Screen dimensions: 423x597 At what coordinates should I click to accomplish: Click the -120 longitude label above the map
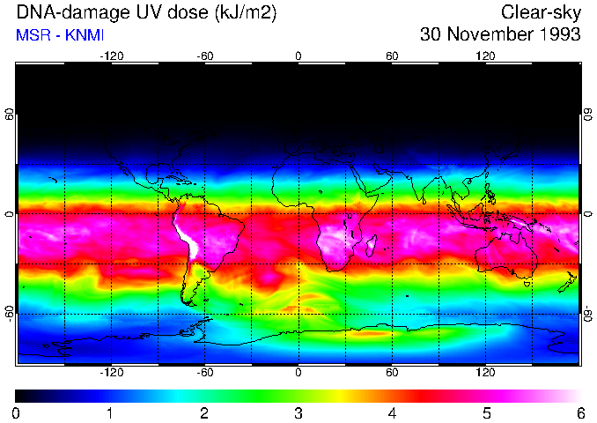(111, 56)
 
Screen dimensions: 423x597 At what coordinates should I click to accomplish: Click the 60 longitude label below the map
(392, 373)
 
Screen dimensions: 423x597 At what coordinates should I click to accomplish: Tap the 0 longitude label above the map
(298, 56)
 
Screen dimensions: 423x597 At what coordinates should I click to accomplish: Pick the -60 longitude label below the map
(205, 373)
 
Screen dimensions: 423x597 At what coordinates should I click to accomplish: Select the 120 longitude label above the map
(485, 56)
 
